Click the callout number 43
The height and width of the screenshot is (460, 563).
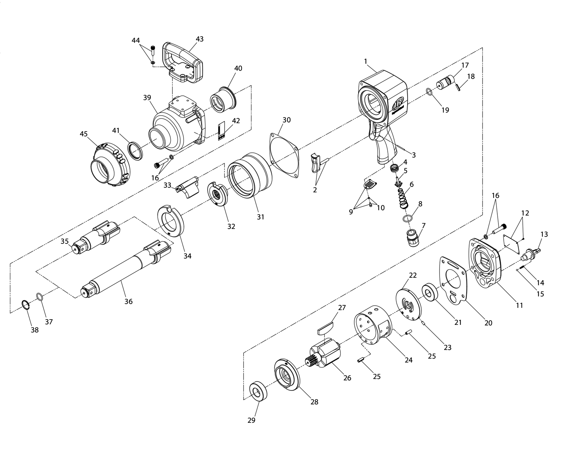[199, 39]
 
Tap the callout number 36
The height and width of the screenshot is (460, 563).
[128, 301]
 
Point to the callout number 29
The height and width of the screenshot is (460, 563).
[251, 420]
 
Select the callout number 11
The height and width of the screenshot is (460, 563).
[519, 305]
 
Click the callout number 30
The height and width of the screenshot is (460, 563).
[286, 120]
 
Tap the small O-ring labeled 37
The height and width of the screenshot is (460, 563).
[39, 297]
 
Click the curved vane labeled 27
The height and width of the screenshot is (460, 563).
[325, 328]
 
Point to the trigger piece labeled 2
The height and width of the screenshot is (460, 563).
[317, 163]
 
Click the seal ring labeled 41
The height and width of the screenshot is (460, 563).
[135, 151]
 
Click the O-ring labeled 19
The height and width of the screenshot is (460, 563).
[429, 92]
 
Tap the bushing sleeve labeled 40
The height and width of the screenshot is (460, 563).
[223, 100]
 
